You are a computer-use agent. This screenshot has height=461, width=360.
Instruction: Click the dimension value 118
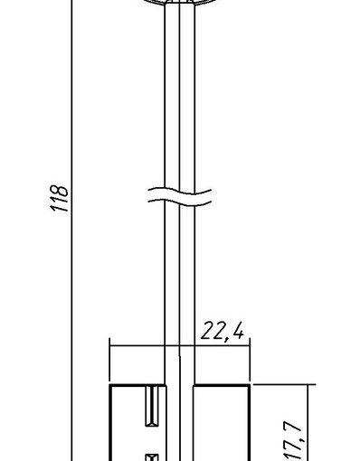click(59, 198)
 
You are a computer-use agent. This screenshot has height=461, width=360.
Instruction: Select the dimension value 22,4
click(223, 332)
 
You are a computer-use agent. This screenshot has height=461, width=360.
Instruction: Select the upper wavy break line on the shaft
click(180, 192)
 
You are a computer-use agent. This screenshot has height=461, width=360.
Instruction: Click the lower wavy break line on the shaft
click(180, 202)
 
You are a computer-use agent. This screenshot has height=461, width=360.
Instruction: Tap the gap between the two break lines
click(180, 197)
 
